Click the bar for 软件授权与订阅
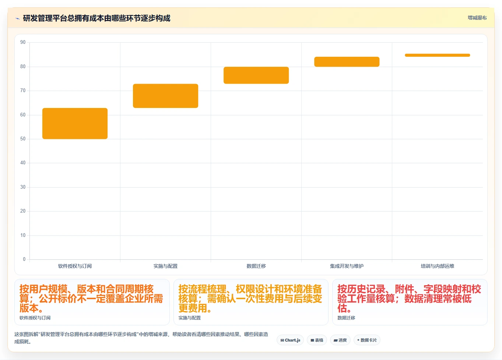click(75, 123)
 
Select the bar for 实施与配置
click(165, 96)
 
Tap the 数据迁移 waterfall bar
click(256, 75)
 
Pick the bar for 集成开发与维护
click(347, 62)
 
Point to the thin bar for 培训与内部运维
click(438, 55)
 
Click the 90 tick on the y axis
click(23, 42)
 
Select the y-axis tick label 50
click(23, 139)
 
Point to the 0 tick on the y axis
click(24, 259)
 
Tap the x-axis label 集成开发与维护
click(347, 266)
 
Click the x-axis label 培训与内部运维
click(438, 266)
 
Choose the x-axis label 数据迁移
click(256, 266)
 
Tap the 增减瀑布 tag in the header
click(477, 18)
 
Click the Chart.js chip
click(290, 340)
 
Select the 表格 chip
click(317, 340)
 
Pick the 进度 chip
click(340, 340)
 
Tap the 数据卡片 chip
click(367, 340)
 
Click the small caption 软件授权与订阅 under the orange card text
click(35, 318)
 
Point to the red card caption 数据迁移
click(346, 318)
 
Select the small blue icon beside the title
click(17, 18)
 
